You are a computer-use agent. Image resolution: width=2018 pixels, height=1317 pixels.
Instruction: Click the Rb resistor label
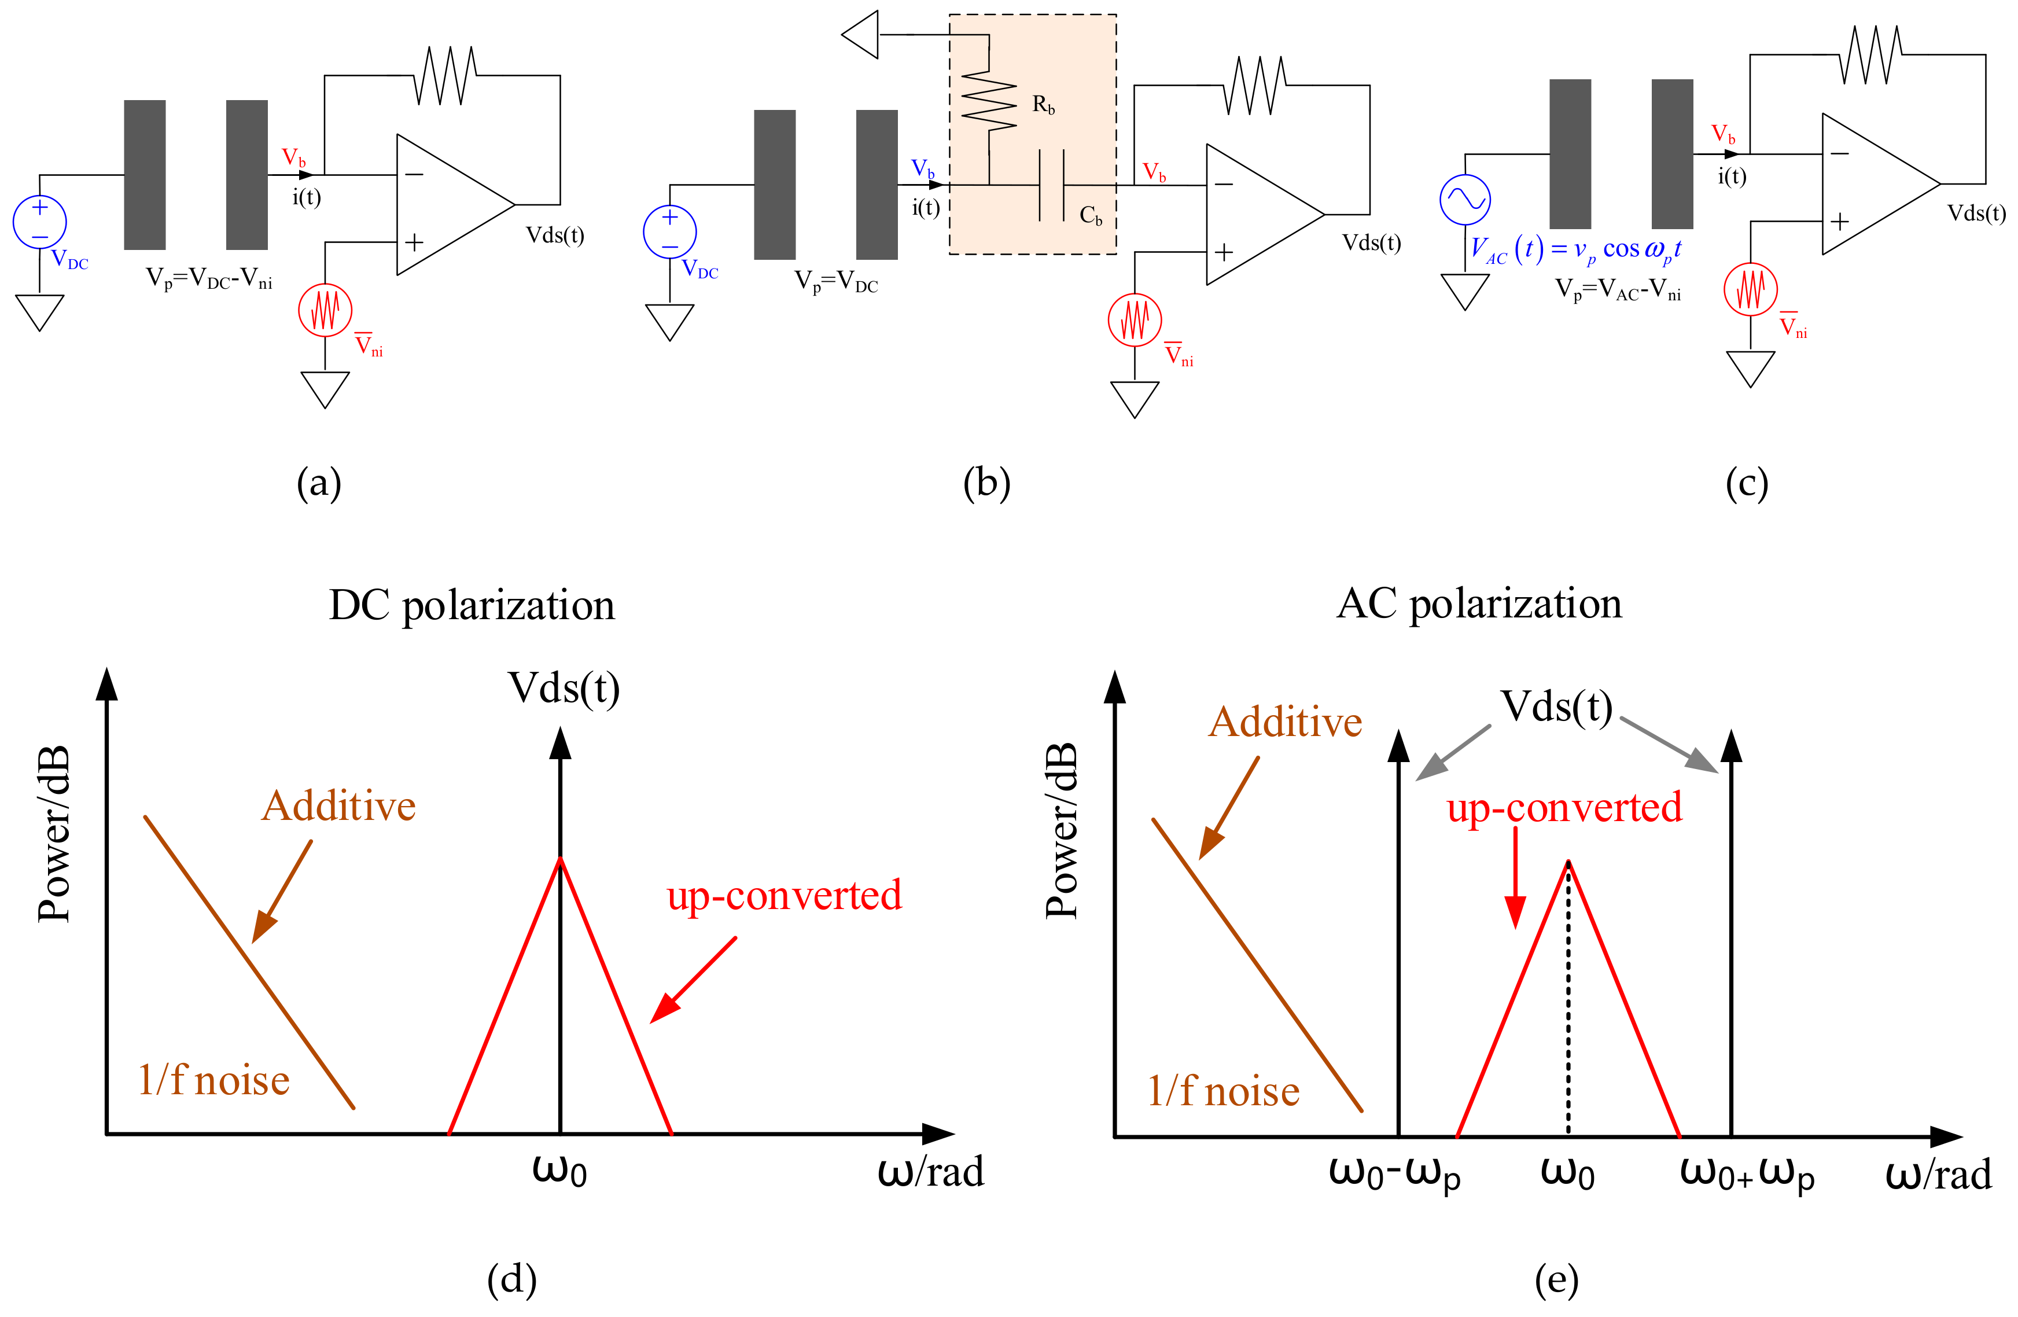[x=1043, y=105]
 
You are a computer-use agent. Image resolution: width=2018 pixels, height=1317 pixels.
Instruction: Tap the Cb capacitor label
[x=1091, y=216]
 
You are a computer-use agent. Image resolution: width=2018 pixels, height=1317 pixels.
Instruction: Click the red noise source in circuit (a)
[x=325, y=310]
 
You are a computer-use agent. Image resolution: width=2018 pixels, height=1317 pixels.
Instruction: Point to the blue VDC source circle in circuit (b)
[x=670, y=231]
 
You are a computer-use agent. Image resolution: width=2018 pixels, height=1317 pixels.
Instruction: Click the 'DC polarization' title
[x=472, y=605]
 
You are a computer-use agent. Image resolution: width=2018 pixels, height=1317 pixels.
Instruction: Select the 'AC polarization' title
[x=1479, y=604]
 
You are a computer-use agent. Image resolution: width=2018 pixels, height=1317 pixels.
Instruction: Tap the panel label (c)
[x=1747, y=483]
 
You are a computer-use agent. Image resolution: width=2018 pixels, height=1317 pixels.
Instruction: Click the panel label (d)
[x=511, y=1279]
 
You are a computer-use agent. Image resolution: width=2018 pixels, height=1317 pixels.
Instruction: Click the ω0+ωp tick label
[x=1747, y=1175]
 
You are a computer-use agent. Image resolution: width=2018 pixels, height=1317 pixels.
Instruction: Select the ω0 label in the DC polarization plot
[x=559, y=1170]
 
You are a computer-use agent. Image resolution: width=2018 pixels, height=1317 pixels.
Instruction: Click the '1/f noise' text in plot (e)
[x=1222, y=1091]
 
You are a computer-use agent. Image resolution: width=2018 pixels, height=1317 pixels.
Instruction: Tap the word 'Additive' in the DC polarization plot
[x=338, y=805]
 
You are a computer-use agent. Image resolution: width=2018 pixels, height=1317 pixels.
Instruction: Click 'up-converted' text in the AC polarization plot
[x=1564, y=807]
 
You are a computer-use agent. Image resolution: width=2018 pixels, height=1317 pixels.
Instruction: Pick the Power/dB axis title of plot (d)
[x=53, y=836]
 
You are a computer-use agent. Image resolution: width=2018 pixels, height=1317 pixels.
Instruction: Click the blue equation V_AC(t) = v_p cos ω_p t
[x=1575, y=250]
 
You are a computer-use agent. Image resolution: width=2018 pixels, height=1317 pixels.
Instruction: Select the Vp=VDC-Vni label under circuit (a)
[x=209, y=278]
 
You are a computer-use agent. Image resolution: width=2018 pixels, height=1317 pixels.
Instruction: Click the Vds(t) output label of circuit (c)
[x=1976, y=213]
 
